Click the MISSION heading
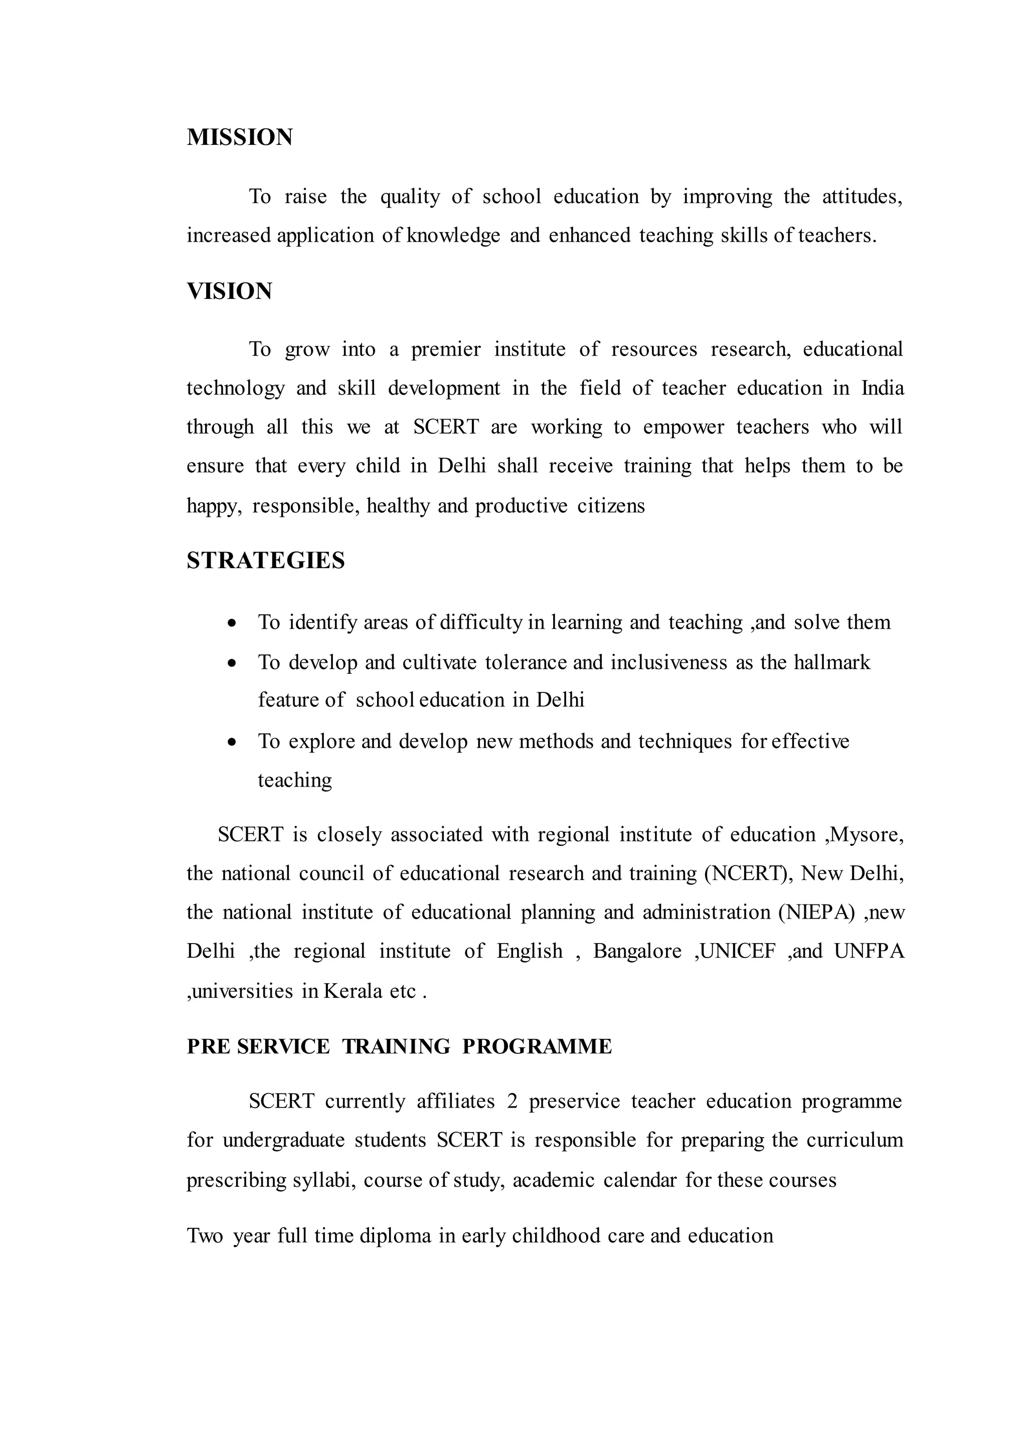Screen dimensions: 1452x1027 click(239, 137)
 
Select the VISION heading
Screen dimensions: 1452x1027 click(229, 291)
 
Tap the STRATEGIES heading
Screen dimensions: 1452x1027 click(266, 561)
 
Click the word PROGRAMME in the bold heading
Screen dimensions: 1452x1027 click(537, 1046)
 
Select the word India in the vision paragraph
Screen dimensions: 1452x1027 click(883, 388)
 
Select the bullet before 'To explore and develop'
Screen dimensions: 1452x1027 click(232, 742)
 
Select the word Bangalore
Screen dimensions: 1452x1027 click(637, 951)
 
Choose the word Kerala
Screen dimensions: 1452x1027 click(353, 990)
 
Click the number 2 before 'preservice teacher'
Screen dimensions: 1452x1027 click(512, 1101)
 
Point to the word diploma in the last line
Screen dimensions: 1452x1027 click(395, 1236)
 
